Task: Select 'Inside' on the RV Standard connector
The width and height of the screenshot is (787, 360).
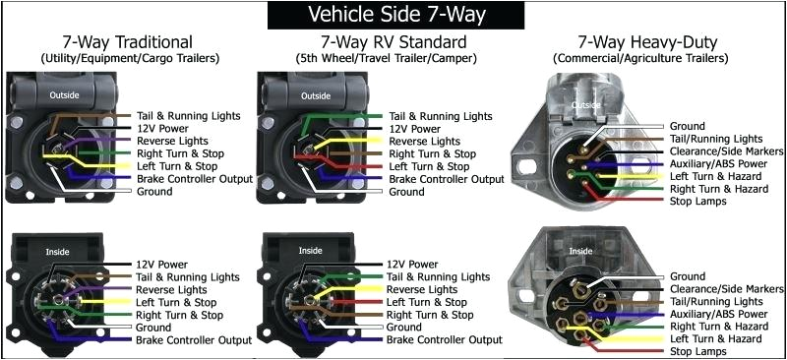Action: pos(311,250)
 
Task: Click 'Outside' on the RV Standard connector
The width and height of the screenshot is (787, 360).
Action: pos(315,95)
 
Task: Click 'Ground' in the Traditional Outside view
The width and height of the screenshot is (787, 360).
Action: pos(154,192)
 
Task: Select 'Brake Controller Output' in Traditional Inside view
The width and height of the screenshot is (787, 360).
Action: pos(195,339)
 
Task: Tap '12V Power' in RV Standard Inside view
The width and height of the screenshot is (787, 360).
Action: pos(412,265)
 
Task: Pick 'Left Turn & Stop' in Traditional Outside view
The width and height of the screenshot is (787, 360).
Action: pos(179,166)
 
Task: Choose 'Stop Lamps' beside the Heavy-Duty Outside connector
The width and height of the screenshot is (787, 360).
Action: pos(697,201)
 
